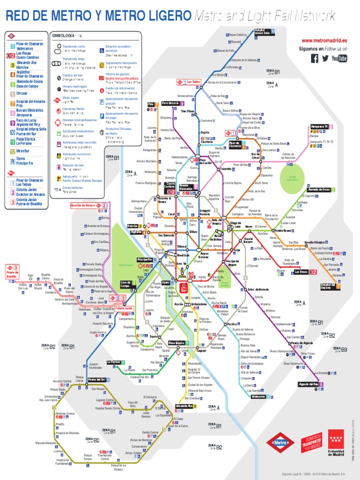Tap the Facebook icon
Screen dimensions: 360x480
coord(314,58)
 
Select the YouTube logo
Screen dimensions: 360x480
coord(339,58)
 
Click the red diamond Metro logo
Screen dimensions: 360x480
coord(280,442)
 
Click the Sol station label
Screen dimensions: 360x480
coord(183,290)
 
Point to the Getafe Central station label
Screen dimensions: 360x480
coord(150,432)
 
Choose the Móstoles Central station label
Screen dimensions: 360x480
coord(65,413)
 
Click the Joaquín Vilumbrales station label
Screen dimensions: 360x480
coord(95,365)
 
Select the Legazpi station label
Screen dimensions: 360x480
coord(201,350)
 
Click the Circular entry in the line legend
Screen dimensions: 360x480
coord(22,94)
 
